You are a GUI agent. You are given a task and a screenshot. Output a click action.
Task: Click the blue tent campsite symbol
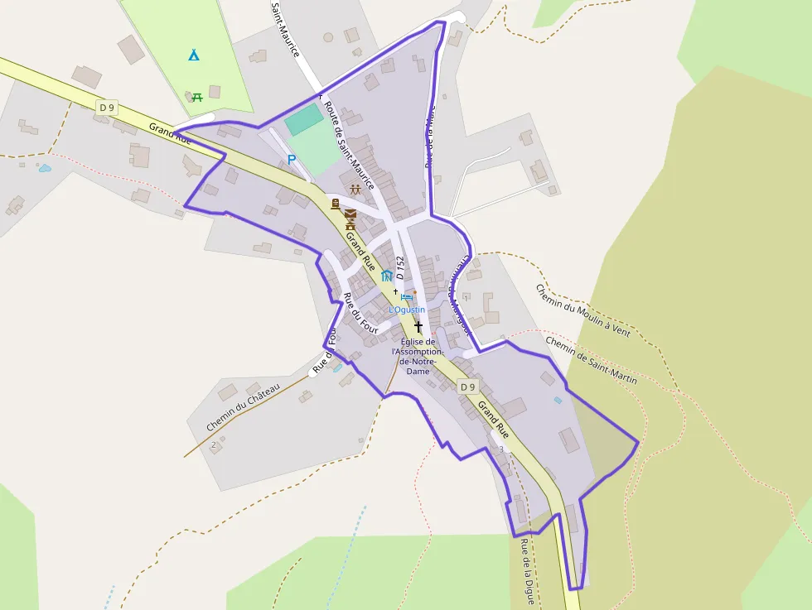click(x=193, y=55)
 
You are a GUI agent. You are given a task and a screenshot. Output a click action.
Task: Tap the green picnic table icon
click(x=198, y=98)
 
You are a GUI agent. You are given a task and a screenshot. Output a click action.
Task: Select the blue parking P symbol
click(x=291, y=159)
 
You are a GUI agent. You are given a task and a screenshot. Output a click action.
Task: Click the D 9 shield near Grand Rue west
click(x=105, y=107)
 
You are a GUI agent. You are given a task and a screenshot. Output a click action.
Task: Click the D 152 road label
click(x=400, y=266)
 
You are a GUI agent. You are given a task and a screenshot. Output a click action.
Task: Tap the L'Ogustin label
click(x=407, y=310)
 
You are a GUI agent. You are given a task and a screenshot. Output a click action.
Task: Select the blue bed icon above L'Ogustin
click(x=406, y=297)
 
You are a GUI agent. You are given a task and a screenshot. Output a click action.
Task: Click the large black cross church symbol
click(x=418, y=328)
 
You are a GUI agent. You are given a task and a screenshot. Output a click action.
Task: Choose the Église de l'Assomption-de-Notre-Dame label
click(x=418, y=356)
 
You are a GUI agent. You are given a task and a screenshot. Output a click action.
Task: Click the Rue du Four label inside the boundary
click(x=360, y=314)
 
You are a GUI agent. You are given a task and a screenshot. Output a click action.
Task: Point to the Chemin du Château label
click(x=244, y=406)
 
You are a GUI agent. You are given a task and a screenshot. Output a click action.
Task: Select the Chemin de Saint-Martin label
click(x=591, y=360)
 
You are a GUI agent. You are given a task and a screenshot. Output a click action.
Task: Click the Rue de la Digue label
click(x=527, y=572)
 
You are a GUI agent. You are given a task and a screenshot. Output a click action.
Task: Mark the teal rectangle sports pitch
click(x=304, y=120)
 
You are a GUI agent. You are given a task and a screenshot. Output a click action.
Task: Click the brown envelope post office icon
click(x=350, y=214)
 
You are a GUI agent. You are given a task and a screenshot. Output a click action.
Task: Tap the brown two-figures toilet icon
click(x=355, y=190)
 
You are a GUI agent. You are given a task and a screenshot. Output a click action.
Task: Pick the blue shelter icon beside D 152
click(x=387, y=276)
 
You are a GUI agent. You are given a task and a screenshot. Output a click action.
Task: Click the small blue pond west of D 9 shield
click(x=44, y=168)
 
